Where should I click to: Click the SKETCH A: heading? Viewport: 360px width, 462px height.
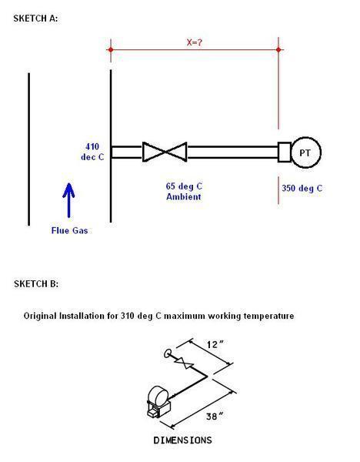pos(35,18)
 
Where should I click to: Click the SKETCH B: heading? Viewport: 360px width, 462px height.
pos(36,283)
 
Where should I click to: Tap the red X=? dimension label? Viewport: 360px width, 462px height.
pos(195,42)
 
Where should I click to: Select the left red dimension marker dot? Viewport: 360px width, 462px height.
pos(111,49)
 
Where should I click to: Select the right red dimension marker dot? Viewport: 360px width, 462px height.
pos(278,49)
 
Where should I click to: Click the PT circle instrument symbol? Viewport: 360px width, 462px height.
pos(306,152)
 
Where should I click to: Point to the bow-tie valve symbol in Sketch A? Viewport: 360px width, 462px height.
pos(165,152)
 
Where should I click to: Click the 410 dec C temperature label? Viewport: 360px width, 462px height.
pos(92,152)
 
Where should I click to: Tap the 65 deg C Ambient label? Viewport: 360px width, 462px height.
pos(184,191)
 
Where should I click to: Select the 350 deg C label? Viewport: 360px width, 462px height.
pos(302,188)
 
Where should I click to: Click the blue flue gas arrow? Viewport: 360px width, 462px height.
pos(68,200)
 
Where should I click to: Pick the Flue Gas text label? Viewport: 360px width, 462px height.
pos(69,230)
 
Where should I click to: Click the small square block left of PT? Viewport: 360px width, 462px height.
pos(285,152)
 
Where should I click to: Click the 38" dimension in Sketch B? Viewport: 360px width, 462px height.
pos(215,416)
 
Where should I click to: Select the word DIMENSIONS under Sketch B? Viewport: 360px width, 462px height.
pos(182,440)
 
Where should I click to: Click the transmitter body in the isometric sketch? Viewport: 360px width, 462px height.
pos(158,402)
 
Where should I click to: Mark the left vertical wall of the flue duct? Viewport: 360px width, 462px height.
pos(29,149)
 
